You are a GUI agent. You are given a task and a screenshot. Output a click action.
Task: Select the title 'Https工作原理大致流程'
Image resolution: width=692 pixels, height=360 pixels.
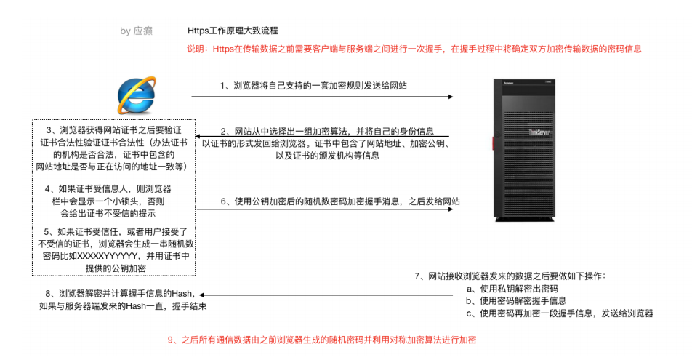tap(233, 31)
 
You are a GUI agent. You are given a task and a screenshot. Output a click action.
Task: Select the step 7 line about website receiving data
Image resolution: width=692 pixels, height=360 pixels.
tap(509, 276)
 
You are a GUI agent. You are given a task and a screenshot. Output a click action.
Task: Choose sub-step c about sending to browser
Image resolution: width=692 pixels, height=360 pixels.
tap(560, 313)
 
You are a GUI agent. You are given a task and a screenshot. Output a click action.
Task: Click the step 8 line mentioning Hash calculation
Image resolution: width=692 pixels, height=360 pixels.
tap(120, 294)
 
